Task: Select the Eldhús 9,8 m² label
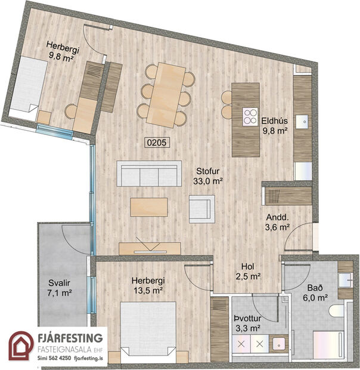pos(275,125)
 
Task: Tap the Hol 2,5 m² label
pos(250,271)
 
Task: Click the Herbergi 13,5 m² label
pos(148,286)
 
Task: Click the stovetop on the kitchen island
pos(249,116)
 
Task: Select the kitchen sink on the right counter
pos(303,121)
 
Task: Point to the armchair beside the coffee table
pos(201,208)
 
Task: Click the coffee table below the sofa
pos(149,206)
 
